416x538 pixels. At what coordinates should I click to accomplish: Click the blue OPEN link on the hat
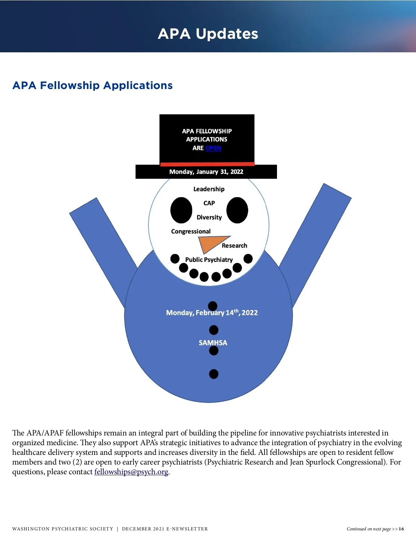point(213,148)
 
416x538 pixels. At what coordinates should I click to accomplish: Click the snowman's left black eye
point(181,210)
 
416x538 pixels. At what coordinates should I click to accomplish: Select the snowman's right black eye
point(237,210)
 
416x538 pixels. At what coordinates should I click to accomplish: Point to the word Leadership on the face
point(209,189)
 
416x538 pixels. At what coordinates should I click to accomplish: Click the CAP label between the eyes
point(209,203)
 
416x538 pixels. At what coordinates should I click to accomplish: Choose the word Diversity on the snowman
point(209,218)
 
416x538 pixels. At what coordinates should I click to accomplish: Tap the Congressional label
point(191,231)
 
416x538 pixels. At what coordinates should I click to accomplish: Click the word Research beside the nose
point(234,246)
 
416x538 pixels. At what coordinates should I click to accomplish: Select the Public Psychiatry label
point(209,260)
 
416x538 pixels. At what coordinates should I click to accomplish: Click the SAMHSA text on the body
point(213,343)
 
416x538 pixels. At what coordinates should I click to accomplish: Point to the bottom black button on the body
point(214,374)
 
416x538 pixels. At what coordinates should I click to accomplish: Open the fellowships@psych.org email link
point(131,472)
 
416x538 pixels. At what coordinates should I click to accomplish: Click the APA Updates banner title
point(208,34)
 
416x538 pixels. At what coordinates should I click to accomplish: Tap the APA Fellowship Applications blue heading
point(93,85)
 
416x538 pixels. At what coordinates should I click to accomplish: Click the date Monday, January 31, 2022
point(206,172)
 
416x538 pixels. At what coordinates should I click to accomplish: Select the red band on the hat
point(207,164)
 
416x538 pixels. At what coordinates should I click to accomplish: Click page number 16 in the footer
point(401,529)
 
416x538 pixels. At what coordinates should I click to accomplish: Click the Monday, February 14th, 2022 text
point(212,312)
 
